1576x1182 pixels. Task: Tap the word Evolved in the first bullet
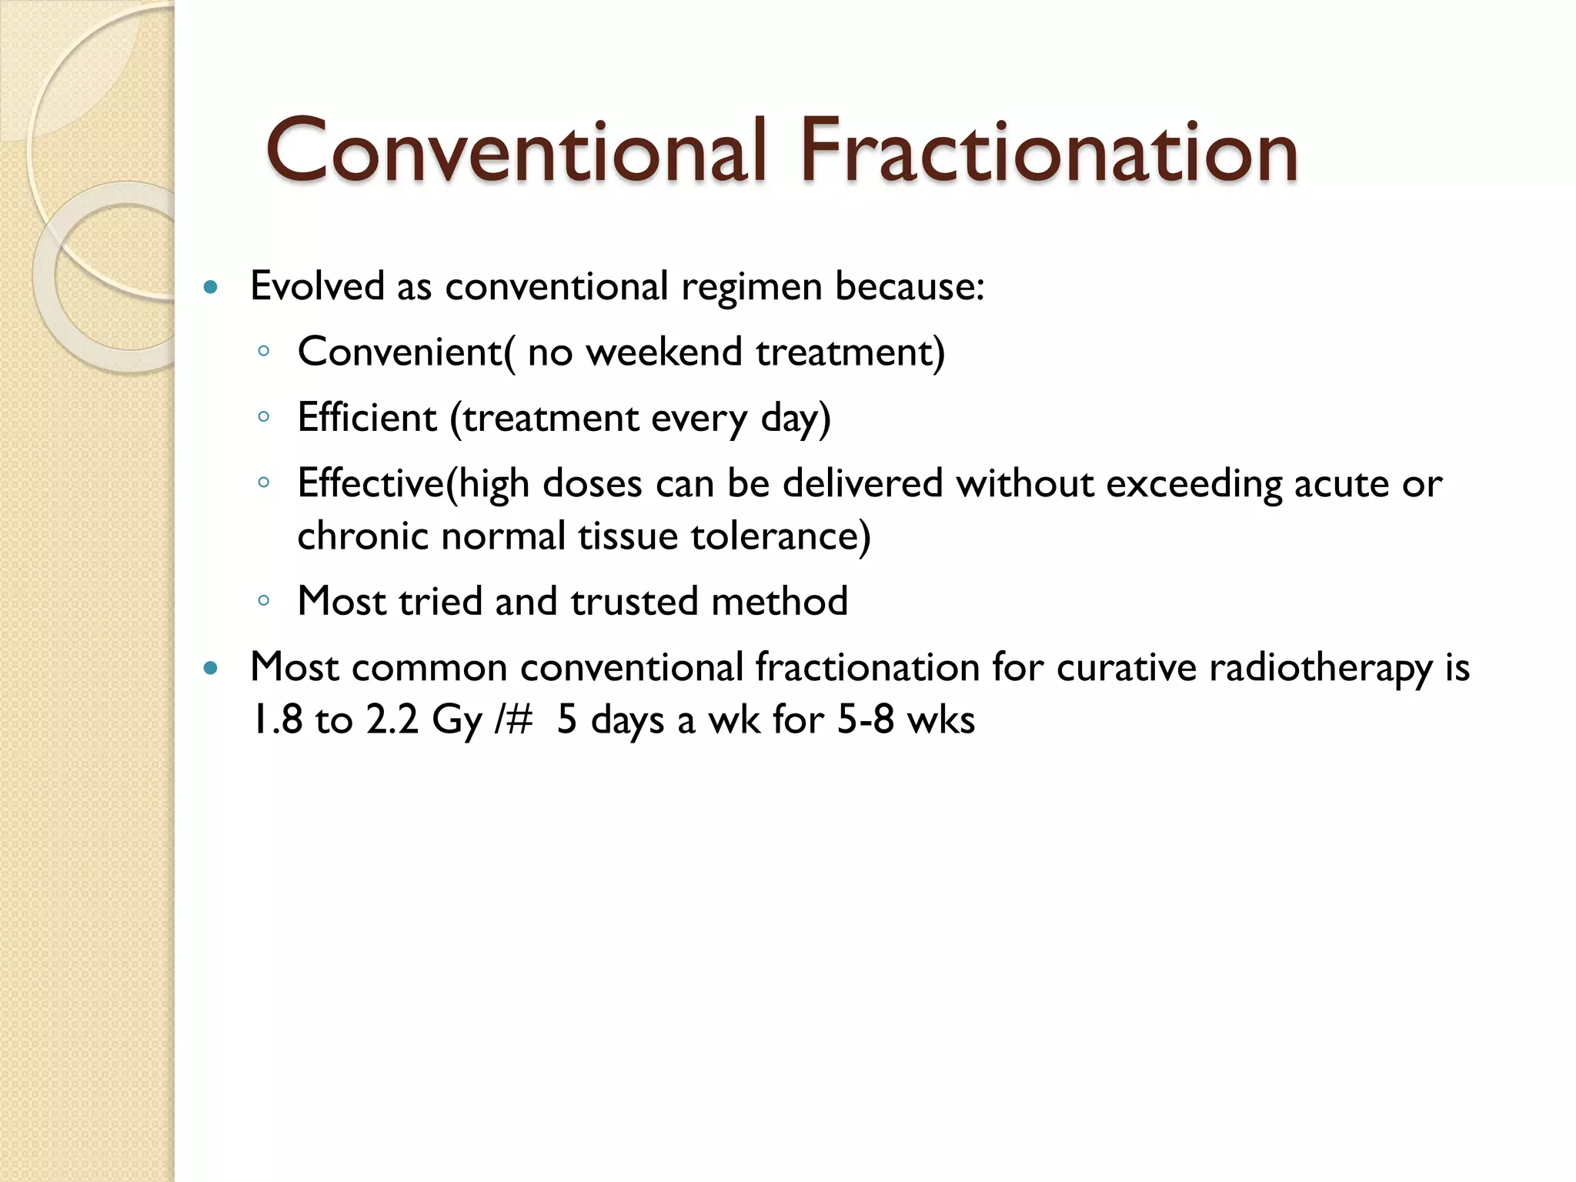click(317, 287)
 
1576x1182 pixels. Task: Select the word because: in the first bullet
click(910, 287)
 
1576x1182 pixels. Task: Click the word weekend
click(664, 353)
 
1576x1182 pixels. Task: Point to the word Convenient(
click(406, 353)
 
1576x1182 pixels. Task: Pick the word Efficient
click(367, 419)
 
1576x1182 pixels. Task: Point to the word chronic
click(362, 536)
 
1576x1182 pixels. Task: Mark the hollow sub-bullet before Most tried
click(264, 601)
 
